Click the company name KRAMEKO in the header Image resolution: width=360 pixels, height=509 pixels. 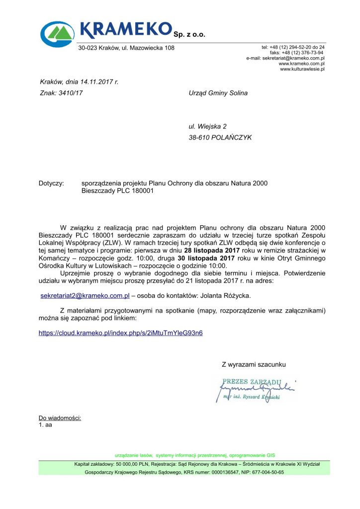[x=125, y=29]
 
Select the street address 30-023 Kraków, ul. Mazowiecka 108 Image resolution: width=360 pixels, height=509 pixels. [x=126, y=48]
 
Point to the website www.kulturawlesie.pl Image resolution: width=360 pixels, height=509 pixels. [x=302, y=69]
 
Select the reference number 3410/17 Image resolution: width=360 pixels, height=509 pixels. [x=71, y=93]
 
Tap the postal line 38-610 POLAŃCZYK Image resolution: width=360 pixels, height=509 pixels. [x=220, y=138]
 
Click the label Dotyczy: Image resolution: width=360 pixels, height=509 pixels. [x=51, y=183]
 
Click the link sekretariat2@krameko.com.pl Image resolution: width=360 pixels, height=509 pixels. [x=85, y=296]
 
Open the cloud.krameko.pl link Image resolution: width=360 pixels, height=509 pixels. [x=121, y=333]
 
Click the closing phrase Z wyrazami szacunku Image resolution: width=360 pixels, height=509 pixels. [x=254, y=365]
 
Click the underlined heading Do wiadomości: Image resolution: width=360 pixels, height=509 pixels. [x=60, y=418]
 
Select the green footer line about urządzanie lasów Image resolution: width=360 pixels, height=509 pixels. [x=194, y=455]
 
